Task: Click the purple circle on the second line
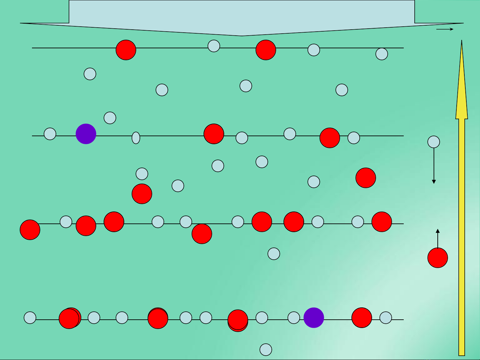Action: pyautogui.click(x=86, y=134)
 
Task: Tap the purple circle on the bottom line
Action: pyautogui.click(x=314, y=318)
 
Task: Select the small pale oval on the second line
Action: pyautogui.click(x=136, y=138)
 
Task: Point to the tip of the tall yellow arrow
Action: pyautogui.click(x=462, y=42)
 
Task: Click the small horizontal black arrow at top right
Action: pyautogui.click(x=445, y=29)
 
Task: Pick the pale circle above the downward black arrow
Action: pyautogui.click(x=434, y=142)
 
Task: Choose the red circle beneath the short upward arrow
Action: pyautogui.click(x=438, y=258)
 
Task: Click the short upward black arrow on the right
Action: pyautogui.click(x=438, y=238)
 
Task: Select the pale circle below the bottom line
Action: pyautogui.click(x=266, y=350)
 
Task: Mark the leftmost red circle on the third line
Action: pyautogui.click(x=30, y=230)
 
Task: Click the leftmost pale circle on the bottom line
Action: pyautogui.click(x=30, y=318)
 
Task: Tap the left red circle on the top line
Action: pyautogui.click(x=126, y=50)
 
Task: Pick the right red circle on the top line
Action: pyautogui.click(x=266, y=50)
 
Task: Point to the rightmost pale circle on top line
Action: pyautogui.click(x=382, y=54)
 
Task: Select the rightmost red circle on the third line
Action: pyautogui.click(x=382, y=222)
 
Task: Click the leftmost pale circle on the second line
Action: pyautogui.click(x=50, y=134)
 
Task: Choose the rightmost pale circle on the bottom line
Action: pyautogui.click(x=386, y=318)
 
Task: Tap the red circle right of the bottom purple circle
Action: pyautogui.click(x=362, y=318)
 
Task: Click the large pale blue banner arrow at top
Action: pyautogui.click(x=242, y=17)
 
